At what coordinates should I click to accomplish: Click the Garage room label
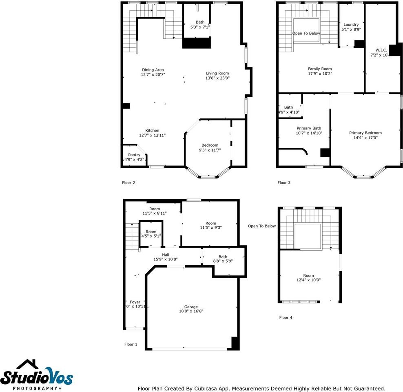point(191,307)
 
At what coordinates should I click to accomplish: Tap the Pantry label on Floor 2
point(134,155)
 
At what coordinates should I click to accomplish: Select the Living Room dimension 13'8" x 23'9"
point(217,78)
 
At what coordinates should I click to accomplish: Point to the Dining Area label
point(153,70)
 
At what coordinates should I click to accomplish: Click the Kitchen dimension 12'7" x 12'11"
point(152,135)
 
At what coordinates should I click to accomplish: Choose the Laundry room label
point(351,24)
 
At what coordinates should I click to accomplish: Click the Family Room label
point(320,69)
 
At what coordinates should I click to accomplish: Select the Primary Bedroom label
point(365,133)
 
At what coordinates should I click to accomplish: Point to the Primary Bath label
point(309,128)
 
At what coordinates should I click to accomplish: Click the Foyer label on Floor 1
point(135,302)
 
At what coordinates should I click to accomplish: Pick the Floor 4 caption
point(286,318)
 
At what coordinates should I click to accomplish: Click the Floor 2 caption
point(128,183)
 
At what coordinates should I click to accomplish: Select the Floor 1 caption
point(131,344)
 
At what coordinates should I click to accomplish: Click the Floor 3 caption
point(284,183)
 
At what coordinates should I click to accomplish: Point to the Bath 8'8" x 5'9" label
point(223,257)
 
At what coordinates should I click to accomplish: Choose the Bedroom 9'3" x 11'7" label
point(210,145)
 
